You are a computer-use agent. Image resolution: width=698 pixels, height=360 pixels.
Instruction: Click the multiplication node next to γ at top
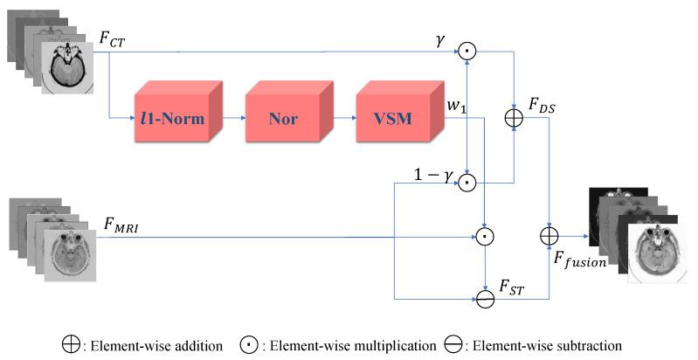pyautogui.click(x=469, y=52)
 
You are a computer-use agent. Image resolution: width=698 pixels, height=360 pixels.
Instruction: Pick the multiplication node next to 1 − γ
pyautogui.click(x=469, y=183)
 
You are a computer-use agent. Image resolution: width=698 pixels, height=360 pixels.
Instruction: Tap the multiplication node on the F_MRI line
pyautogui.click(x=485, y=236)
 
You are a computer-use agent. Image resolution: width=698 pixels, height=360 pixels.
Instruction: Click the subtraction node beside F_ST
pyautogui.click(x=485, y=297)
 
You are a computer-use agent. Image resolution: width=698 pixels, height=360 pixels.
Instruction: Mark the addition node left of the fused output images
pyautogui.click(x=549, y=235)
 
